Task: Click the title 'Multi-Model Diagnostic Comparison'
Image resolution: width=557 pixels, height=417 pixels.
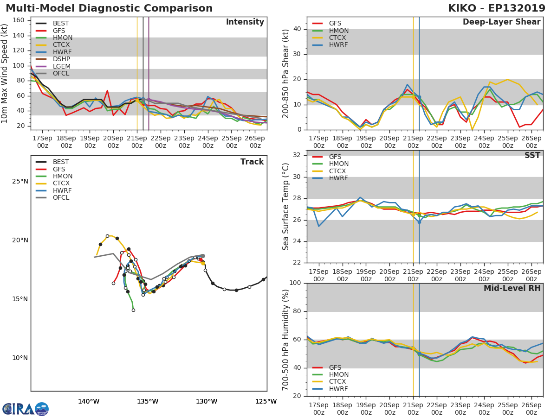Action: click(x=109, y=8)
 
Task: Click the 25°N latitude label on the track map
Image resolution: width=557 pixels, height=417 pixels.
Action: click(x=20, y=181)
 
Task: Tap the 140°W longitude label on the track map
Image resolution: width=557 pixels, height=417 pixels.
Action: click(x=89, y=401)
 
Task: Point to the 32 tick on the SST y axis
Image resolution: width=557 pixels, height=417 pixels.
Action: click(x=297, y=155)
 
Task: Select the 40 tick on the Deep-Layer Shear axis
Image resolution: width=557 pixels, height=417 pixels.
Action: click(x=297, y=29)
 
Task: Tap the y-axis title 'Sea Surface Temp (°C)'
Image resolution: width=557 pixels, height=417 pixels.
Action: click(x=286, y=207)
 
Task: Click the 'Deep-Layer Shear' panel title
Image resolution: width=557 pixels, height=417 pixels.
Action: click(x=501, y=22)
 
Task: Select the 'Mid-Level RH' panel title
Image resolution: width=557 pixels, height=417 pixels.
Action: click(x=512, y=288)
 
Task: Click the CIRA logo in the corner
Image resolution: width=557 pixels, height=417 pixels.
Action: click(x=26, y=409)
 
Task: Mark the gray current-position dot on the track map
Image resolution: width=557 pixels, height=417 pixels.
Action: click(x=203, y=256)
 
